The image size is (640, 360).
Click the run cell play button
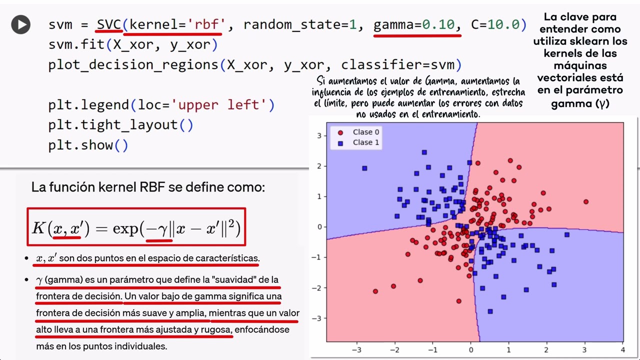click(x=21, y=24)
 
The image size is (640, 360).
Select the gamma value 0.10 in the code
click(x=438, y=24)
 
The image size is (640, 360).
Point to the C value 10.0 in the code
click(x=503, y=24)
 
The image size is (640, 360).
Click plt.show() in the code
click(x=88, y=145)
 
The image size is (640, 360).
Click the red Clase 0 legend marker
click(x=340, y=132)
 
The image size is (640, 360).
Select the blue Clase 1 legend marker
click(x=340, y=143)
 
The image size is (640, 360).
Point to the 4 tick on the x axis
click(x=623, y=349)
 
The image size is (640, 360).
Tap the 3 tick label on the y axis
click(x=319, y=135)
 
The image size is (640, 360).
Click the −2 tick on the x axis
click(x=395, y=349)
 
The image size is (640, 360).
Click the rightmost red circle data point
click(x=586, y=201)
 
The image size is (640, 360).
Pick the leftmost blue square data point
click(x=364, y=168)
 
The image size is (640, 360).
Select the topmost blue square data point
click(x=424, y=152)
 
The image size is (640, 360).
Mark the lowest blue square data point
click(x=490, y=311)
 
